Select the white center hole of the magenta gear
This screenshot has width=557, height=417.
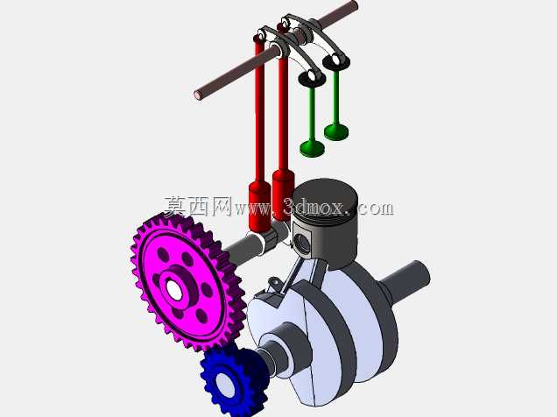[174, 290]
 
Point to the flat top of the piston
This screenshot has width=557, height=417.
[325, 195]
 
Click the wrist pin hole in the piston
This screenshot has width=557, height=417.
[302, 243]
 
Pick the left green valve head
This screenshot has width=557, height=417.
[313, 148]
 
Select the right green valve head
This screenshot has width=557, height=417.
[336, 131]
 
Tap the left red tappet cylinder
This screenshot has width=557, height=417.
[260, 207]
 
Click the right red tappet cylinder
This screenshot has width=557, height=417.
[283, 194]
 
